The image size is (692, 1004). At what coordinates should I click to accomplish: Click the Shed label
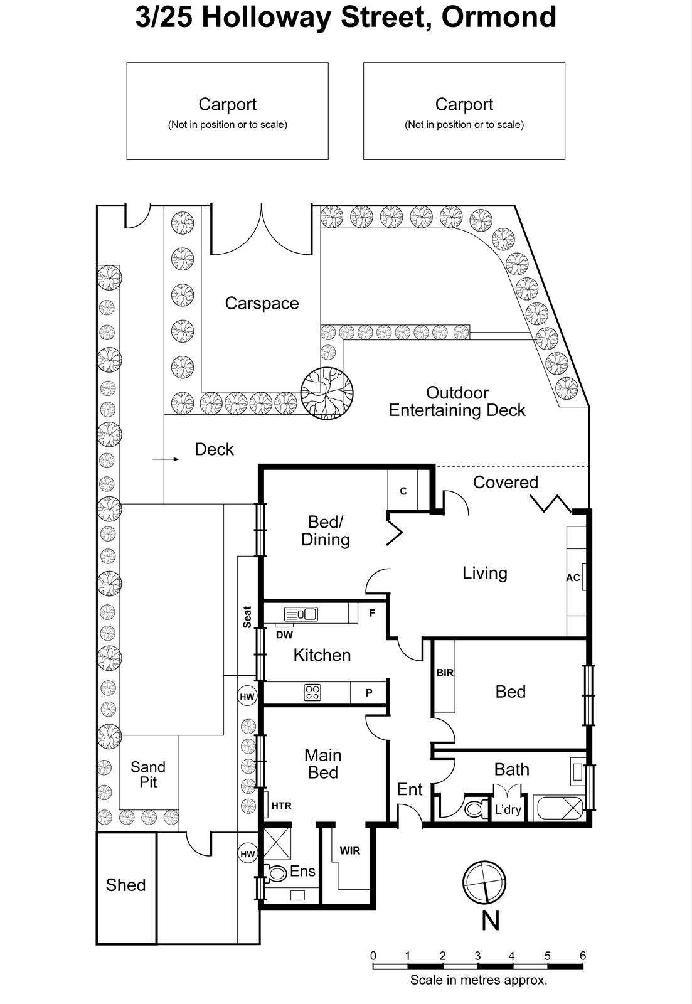pos(125,885)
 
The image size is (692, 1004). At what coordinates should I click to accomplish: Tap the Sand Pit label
pos(148,774)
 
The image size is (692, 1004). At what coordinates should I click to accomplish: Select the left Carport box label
pos(227,104)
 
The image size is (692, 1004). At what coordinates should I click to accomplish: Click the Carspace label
pos(262,304)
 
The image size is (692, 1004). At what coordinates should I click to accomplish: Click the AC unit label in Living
pos(573,578)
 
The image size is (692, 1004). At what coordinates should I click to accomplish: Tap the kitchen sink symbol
pos(301,614)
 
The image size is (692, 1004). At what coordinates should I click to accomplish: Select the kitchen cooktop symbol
pos(312,693)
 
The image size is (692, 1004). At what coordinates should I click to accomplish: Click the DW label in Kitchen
pos(284,635)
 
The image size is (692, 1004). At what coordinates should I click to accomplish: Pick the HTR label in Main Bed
pos(281,806)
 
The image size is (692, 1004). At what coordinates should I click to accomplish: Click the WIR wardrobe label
pos(350,851)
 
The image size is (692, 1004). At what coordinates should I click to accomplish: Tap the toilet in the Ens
pos(276,873)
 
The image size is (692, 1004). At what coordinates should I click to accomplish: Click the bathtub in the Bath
pos(559,808)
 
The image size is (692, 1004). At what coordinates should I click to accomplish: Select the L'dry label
pos(508,809)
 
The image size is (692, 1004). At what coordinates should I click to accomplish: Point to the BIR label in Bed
pos(445,673)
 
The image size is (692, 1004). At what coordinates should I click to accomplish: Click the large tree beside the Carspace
pos(326,393)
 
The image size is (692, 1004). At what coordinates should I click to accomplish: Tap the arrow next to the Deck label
pos(166,459)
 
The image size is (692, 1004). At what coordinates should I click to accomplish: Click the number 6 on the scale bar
pos(583,956)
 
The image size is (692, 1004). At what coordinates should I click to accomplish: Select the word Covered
pos(506,483)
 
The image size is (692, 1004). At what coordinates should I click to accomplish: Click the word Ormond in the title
pos(499,17)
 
